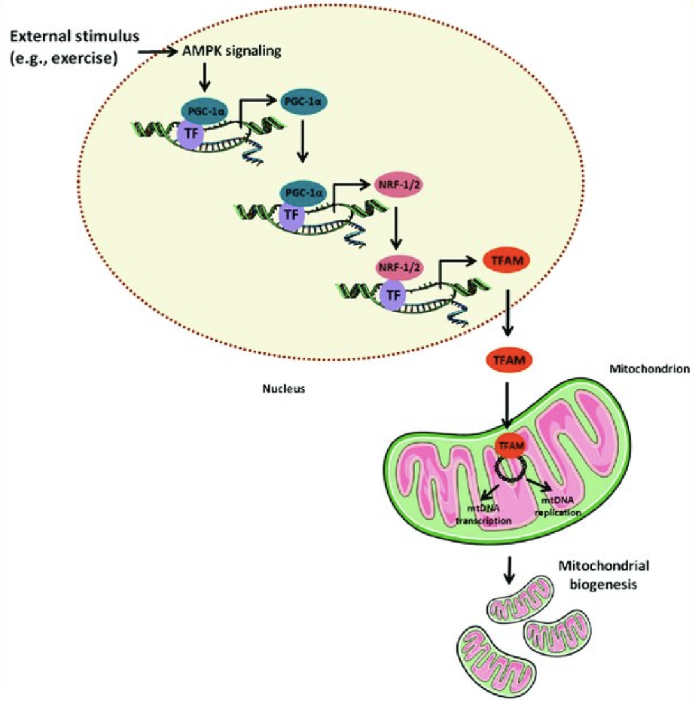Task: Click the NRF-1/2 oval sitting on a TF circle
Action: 399,262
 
